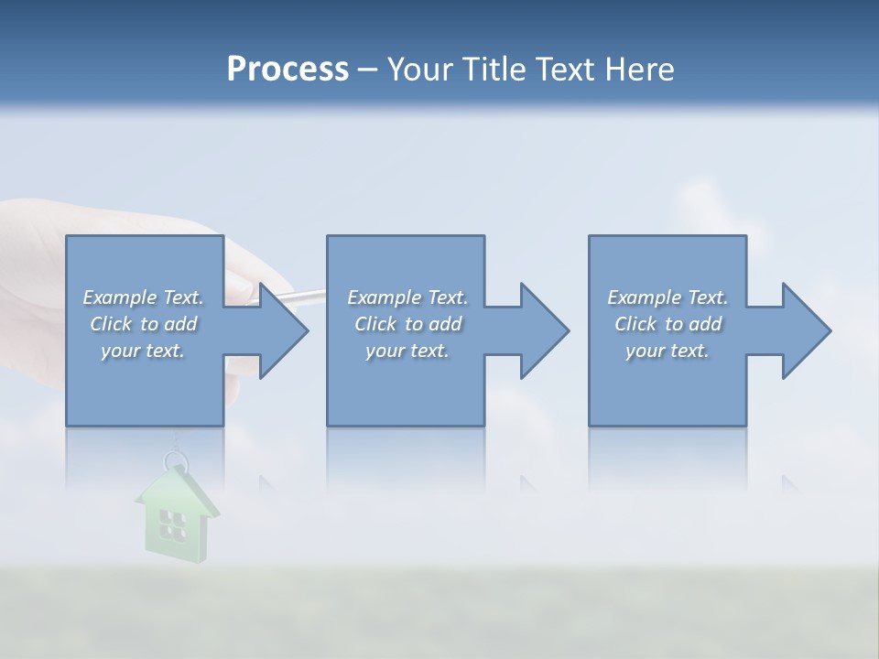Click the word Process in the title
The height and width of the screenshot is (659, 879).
click(x=288, y=70)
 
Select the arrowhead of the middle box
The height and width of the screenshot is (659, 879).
click(x=543, y=331)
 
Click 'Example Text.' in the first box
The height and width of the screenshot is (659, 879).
click(x=143, y=297)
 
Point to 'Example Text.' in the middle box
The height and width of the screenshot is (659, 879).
click(x=407, y=297)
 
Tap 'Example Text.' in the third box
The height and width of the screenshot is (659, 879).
click(x=667, y=297)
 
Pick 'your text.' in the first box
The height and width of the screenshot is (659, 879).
click(x=143, y=351)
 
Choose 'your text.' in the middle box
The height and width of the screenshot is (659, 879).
click(x=407, y=351)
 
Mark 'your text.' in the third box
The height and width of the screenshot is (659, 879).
click(x=667, y=351)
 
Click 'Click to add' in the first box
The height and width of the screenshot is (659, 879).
click(x=143, y=324)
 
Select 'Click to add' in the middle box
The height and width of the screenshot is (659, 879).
click(x=407, y=324)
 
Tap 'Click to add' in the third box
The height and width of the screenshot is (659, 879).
click(x=667, y=324)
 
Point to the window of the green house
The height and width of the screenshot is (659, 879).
click(x=171, y=524)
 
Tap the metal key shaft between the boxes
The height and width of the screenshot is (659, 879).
click(x=308, y=295)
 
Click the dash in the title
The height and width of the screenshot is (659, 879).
click(x=367, y=70)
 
